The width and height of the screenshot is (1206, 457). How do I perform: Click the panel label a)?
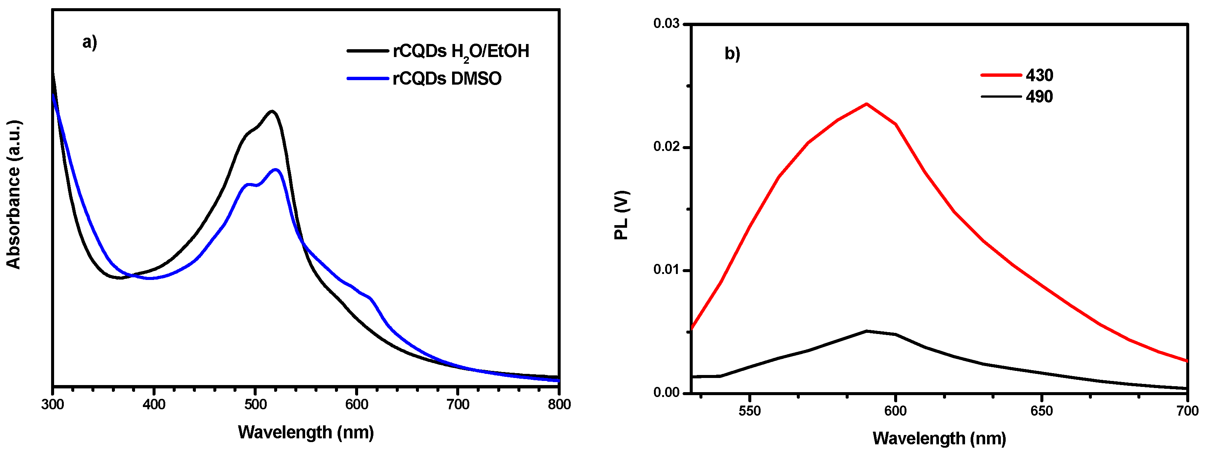pyautogui.click(x=90, y=42)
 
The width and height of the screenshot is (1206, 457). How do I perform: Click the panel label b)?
pyautogui.click(x=732, y=54)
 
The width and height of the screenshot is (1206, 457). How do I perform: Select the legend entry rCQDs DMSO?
pyautogui.click(x=447, y=79)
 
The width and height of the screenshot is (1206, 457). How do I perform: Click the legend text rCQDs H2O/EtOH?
pyautogui.click(x=461, y=51)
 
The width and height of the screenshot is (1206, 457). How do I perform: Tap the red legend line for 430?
pyautogui.click(x=1001, y=75)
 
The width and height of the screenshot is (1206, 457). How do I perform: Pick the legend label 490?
pyautogui.click(x=1039, y=97)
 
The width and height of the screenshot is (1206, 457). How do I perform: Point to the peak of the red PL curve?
pyautogui.click(x=867, y=104)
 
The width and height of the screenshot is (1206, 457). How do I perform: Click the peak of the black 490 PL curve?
pyautogui.click(x=867, y=331)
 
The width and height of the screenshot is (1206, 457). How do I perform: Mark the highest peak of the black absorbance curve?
pyautogui.click(x=272, y=111)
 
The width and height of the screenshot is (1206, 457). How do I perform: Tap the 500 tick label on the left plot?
pyautogui.click(x=255, y=404)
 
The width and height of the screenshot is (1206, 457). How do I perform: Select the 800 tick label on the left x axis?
pyautogui.click(x=559, y=404)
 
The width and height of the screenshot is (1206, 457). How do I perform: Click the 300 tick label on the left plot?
pyautogui.click(x=53, y=404)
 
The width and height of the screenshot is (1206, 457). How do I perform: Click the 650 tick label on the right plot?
pyautogui.click(x=1041, y=411)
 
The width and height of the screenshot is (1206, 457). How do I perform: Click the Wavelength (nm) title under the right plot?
pyautogui.click(x=939, y=439)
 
